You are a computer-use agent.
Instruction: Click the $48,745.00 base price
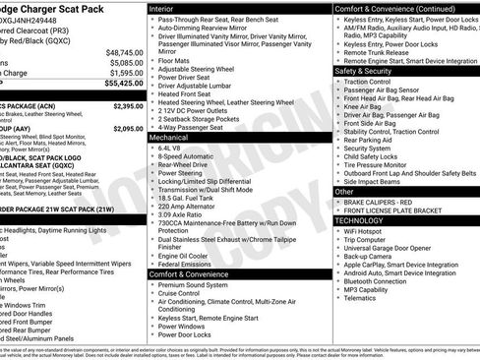(x=124, y=52)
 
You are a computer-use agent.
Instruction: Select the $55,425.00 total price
(x=124, y=86)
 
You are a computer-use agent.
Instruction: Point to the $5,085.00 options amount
(x=126, y=62)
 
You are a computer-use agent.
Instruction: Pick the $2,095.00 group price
(x=128, y=128)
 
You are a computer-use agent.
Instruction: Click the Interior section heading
(x=162, y=8)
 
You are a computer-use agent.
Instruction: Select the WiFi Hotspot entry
(x=364, y=230)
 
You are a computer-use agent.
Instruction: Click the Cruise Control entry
(x=185, y=293)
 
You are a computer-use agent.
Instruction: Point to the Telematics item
(x=361, y=301)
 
